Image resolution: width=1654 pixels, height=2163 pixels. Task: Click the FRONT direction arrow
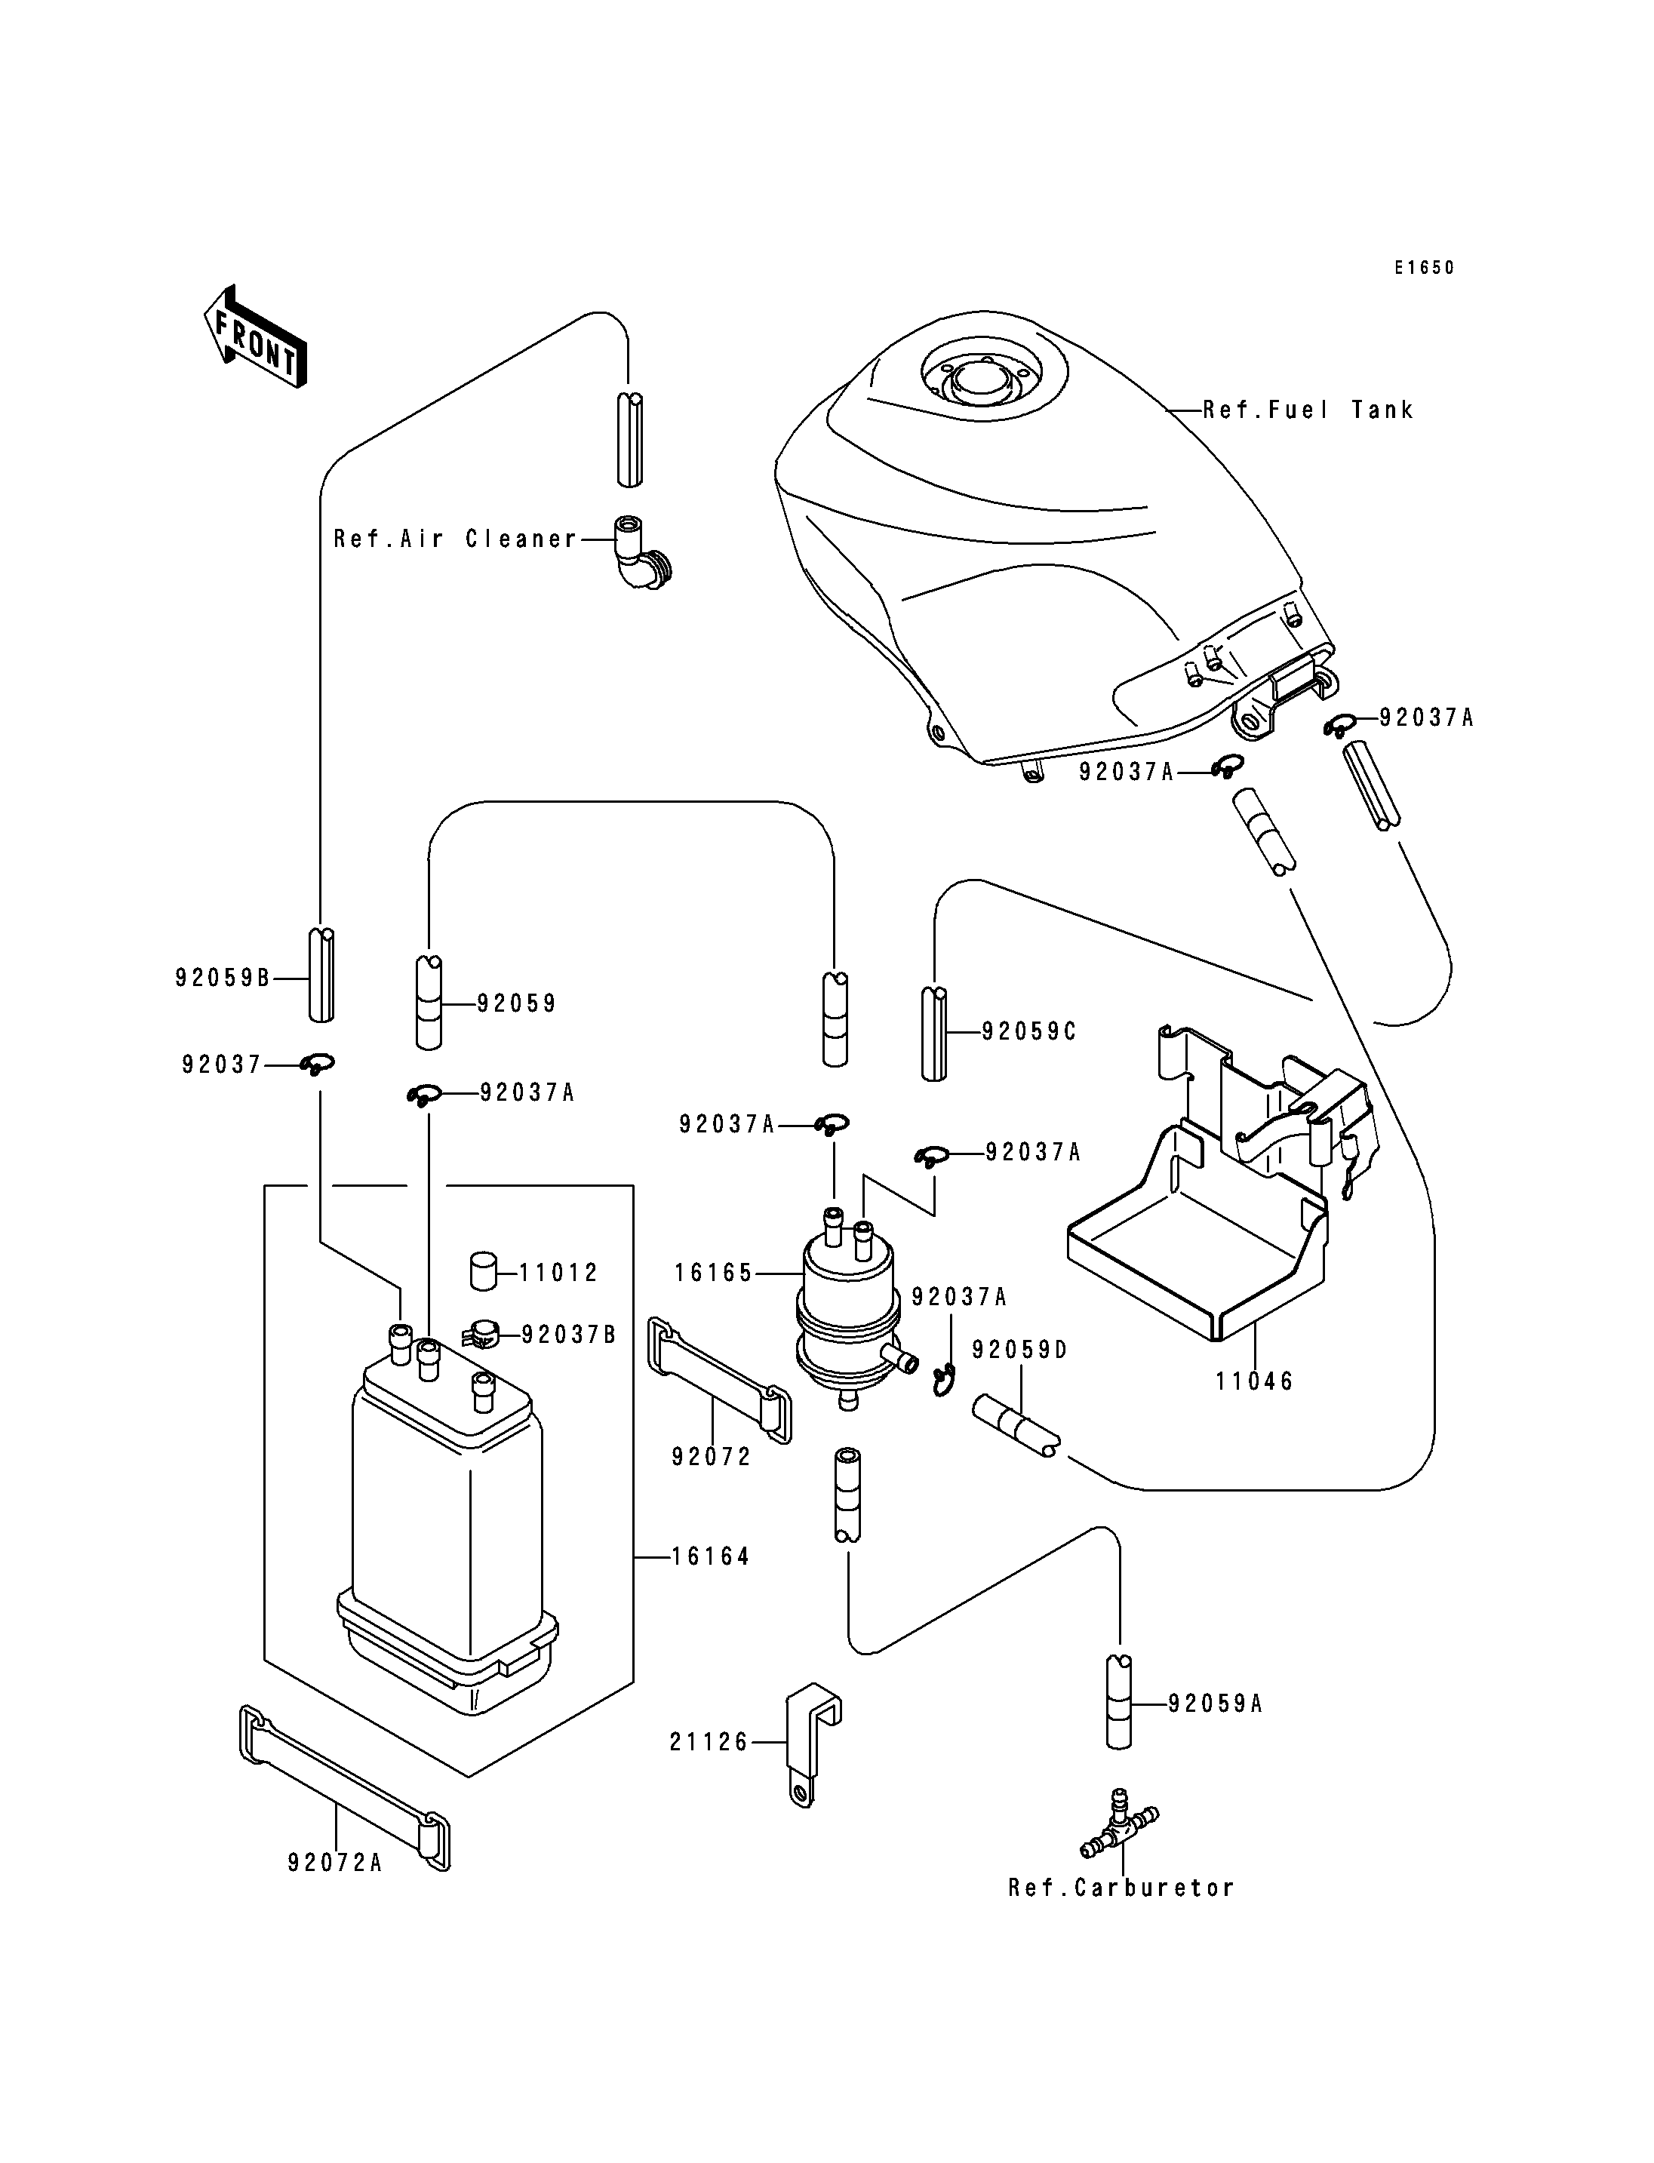click(x=255, y=336)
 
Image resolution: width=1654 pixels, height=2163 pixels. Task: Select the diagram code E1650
click(x=1422, y=268)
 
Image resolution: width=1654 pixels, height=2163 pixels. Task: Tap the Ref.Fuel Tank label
click(x=1308, y=410)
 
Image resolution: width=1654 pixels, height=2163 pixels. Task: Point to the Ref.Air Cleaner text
click(x=455, y=539)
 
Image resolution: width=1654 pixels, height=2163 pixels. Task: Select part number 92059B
click(x=223, y=978)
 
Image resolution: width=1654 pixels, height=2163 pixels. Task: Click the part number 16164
click(x=711, y=1556)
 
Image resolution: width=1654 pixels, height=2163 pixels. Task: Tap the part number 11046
click(x=1253, y=1381)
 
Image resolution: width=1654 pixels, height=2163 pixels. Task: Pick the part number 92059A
click(x=1215, y=1704)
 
